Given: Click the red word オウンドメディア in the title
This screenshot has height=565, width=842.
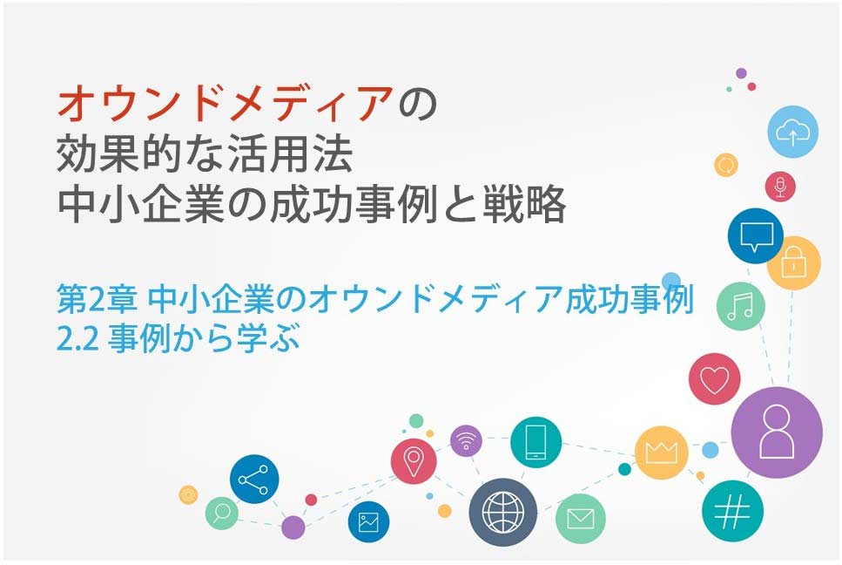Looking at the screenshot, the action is coord(225,104).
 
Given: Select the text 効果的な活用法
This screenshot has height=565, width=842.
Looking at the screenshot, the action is coord(205,154).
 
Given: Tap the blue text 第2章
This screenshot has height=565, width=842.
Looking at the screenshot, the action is coord(97,300).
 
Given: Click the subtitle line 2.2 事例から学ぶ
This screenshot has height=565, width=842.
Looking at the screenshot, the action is coord(178,338).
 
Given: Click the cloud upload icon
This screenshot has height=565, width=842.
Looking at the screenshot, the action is coord(792,132).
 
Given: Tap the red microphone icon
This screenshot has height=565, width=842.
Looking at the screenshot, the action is coord(780,187).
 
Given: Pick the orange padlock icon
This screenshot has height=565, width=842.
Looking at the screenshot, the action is coord(793,263).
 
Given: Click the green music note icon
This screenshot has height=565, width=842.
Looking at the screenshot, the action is coord(740,306).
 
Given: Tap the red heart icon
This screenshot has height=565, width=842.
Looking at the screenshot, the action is coord(714,379).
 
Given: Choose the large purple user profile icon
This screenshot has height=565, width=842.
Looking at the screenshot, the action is coord(777,432).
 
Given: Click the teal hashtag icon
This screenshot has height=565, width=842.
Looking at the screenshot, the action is coord(732,511).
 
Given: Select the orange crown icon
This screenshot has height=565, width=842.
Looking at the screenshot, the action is coord(661,453).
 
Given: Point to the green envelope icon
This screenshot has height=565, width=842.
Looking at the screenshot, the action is coord(580,519).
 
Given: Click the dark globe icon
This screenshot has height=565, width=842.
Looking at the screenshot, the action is coord(502,513).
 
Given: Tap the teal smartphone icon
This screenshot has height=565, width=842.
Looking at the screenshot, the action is coord(536,442).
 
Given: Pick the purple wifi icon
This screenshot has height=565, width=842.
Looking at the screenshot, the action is coord(466,441).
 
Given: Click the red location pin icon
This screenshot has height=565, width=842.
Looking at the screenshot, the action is coord(414,461).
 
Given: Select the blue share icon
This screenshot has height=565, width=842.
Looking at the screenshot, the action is coord(254,479).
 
